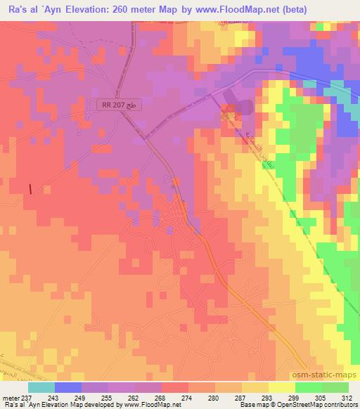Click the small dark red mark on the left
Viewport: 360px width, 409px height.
[30, 188]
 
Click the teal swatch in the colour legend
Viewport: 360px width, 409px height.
[41, 387]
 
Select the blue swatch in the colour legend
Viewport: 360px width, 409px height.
[68, 387]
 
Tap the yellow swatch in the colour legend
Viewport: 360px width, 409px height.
[281, 387]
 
